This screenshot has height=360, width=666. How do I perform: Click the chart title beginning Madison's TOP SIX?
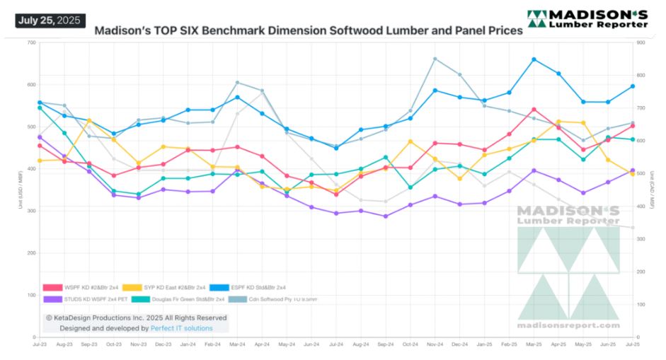pyautogui.click(x=309, y=31)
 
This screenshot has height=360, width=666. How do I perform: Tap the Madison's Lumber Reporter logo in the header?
pyautogui.click(x=587, y=19)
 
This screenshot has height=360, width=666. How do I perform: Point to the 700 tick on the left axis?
pyautogui.click(x=31, y=42)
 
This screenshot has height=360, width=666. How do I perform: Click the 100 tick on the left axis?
pyautogui.click(x=31, y=295)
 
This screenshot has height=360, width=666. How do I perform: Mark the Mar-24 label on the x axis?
pyautogui.click(x=237, y=344)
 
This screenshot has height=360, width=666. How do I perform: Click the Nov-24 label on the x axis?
pyautogui.click(x=435, y=344)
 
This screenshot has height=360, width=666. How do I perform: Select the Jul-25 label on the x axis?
pyautogui.click(x=633, y=344)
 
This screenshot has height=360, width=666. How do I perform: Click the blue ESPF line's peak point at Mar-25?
pyautogui.click(x=534, y=59)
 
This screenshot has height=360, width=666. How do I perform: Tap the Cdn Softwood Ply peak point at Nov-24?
pyautogui.click(x=435, y=59)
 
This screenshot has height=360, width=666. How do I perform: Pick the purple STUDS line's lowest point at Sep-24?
pyautogui.click(x=386, y=216)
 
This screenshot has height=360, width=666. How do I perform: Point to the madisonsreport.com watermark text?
pyautogui.click(x=568, y=325)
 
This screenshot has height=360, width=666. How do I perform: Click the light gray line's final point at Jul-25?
pyautogui.click(x=633, y=228)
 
